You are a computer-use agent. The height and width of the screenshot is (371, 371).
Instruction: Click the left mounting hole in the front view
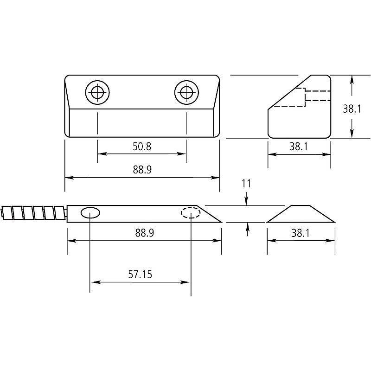97,93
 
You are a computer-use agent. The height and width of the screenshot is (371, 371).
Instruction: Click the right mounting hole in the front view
186,93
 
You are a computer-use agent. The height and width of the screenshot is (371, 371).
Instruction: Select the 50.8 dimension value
142,147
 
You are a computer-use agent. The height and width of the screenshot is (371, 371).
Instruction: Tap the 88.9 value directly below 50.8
142,170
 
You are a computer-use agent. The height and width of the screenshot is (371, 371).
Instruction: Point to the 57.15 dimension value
140,275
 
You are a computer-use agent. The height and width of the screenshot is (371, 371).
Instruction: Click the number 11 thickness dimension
246,184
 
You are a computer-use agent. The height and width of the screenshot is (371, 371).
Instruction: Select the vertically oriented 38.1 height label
352,109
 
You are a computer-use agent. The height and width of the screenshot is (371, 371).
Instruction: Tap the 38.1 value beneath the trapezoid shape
300,233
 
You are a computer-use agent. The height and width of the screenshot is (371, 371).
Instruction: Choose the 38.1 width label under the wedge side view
299,147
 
